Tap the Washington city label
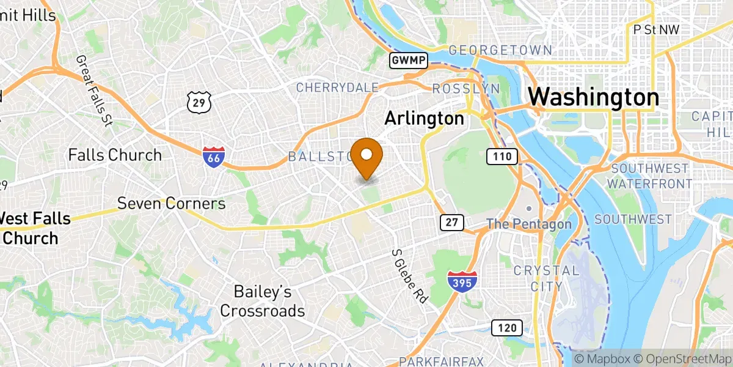pyautogui.click(x=593, y=98)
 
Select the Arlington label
pyautogui.click(x=424, y=118)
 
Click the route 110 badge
pyautogui.click(x=502, y=157)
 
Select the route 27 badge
pyautogui.click(x=451, y=223)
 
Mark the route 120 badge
pyautogui.click(x=506, y=328)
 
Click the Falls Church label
pyautogui.click(x=115, y=155)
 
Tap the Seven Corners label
pyautogui.click(x=172, y=203)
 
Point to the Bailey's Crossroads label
pyautogui.click(x=262, y=302)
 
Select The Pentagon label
pyautogui.click(x=529, y=224)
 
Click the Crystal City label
pyautogui.click(x=538, y=278)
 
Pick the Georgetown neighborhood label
pyautogui.click(x=500, y=51)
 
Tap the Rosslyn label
pyautogui.click(x=465, y=89)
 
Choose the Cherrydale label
pyautogui.click(x=337, y=87)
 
